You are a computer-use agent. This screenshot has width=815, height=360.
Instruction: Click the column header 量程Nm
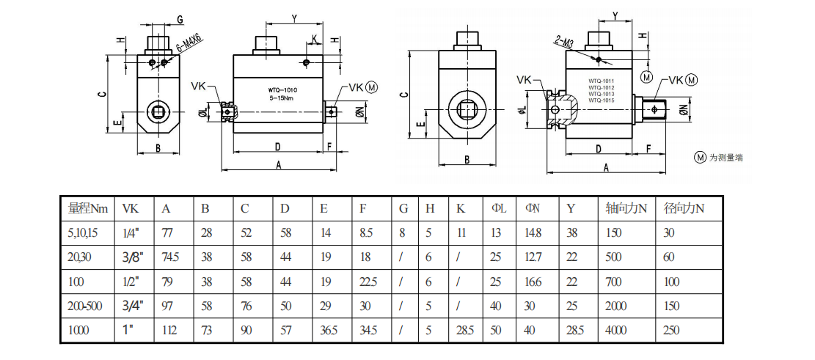click(87, 208)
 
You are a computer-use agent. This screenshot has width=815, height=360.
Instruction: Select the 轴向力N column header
click(625, 208)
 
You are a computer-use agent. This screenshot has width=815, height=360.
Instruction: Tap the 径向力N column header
click(684, 208)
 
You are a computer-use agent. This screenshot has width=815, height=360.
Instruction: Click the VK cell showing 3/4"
click(132, 306)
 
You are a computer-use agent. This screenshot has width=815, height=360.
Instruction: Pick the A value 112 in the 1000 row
click(169, 331)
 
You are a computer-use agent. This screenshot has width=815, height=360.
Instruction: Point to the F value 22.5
click(368, 282)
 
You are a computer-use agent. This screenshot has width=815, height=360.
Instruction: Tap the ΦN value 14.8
click(533, 233)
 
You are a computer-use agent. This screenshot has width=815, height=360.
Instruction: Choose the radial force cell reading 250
click(672, 331)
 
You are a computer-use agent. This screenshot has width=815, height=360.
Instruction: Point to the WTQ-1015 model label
click(601, 100)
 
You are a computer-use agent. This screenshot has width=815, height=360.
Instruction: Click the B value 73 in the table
click(208, 331)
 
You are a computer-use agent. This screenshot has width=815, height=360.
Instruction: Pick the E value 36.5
click(329, 331)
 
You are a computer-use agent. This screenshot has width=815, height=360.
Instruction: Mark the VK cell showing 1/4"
click(130, 233)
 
